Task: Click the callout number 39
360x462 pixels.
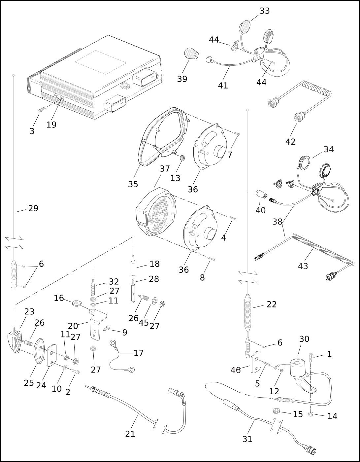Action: pos(182,79)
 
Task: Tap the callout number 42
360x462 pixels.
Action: pos(290,142)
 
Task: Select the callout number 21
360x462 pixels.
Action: pos(130,434)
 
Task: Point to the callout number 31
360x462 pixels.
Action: pos(247,439)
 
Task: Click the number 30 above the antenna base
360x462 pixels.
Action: pos(304,339)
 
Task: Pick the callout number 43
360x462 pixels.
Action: pos(303,266)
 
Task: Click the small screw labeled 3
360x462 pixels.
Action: pos(41,109)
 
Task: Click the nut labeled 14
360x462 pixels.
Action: pos(310,414)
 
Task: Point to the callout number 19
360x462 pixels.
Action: pos(51,125)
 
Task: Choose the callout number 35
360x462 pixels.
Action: pos(133,184)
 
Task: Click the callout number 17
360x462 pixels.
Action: pos(139,353)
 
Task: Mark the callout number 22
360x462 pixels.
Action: pos(272,304)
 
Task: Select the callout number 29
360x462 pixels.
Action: pos(33,208)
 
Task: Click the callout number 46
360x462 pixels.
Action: pos(236,370)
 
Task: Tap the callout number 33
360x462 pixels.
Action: pos(265,11)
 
